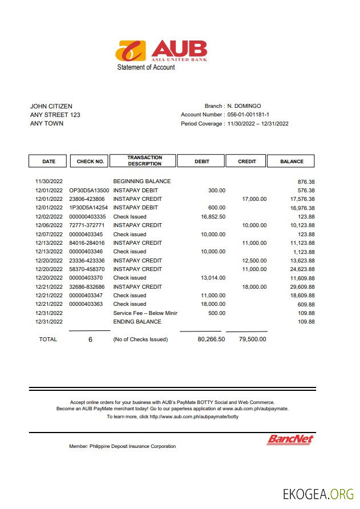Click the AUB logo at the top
click(161, 50)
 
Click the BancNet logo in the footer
click(290, 439)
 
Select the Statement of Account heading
click(146, 67)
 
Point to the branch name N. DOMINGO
click(244, 106)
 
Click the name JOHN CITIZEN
click(51, 106)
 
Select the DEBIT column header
click(201, 161)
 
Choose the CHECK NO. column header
click(90, 161)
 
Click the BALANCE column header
click(292, 161)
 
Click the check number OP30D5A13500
click(89, 190)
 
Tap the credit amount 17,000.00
click(254, 199)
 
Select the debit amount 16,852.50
click(213, 217)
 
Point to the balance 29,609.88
click(302, 287)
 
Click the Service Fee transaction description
click(145, 313)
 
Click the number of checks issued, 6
click(90, 340)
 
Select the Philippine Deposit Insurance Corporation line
click(122, 446)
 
